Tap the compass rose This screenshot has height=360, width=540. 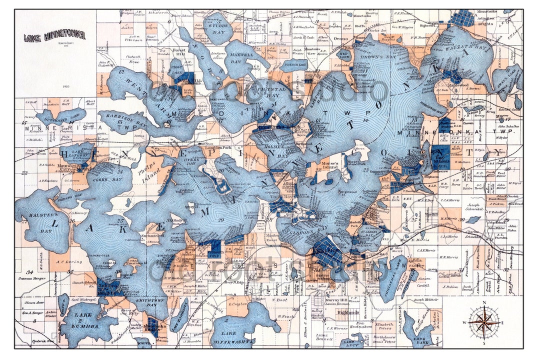coord(483,322)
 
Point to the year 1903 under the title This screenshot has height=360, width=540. coord(66,86)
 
